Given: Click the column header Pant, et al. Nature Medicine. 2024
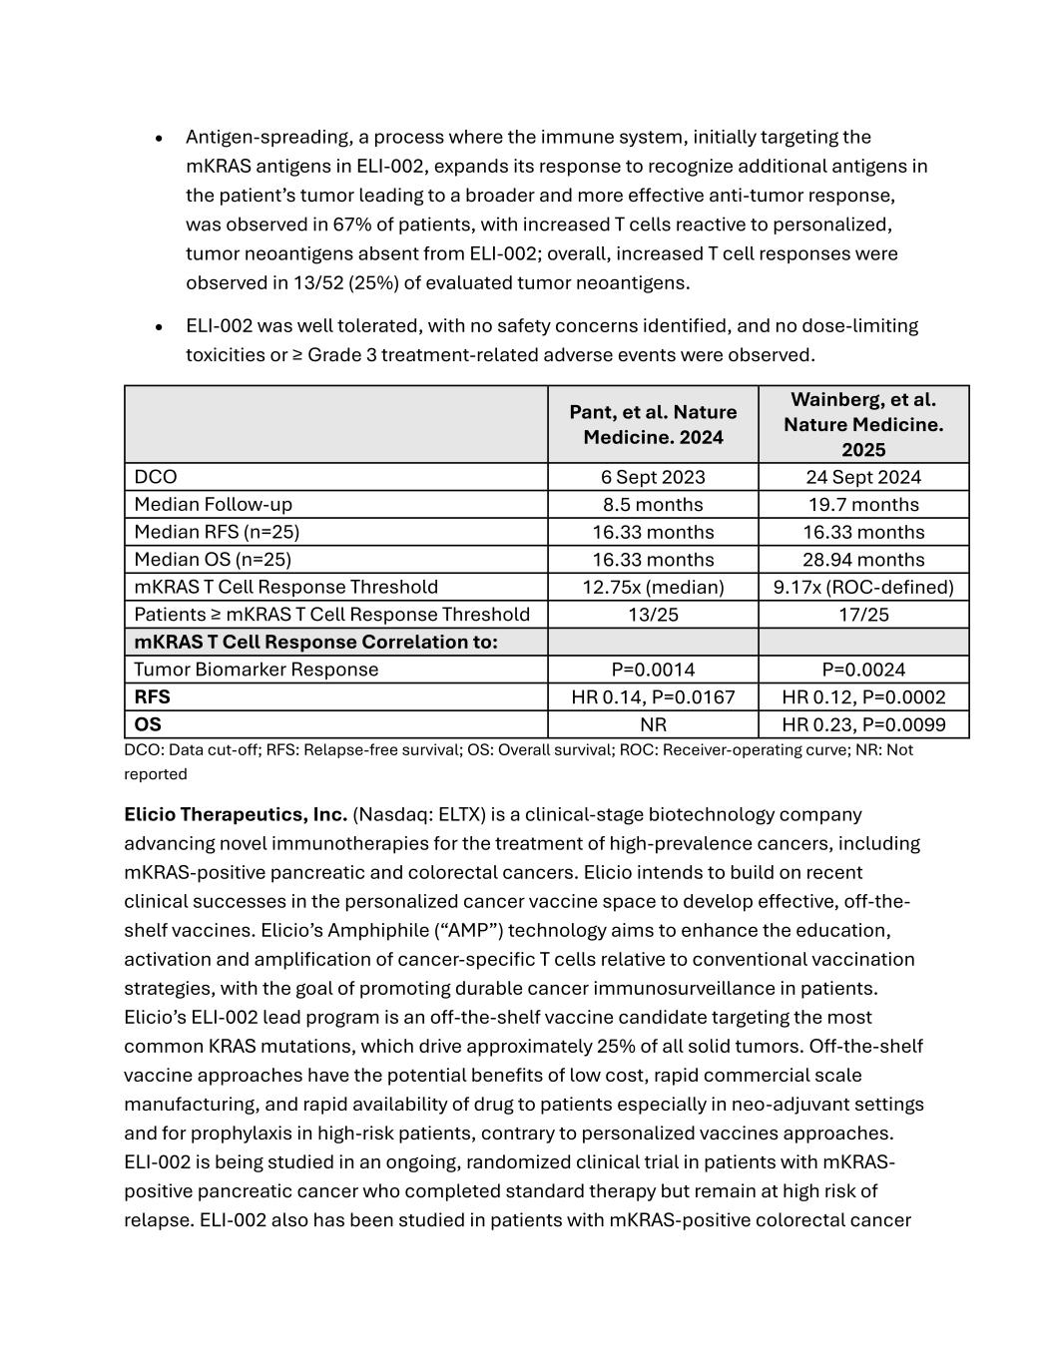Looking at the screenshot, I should click(x=653, y=424).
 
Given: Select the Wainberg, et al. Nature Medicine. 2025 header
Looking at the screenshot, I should click(x=863, y=424).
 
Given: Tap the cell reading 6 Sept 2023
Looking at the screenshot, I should click(x=653, y=477).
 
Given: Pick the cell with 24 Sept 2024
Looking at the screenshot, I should click(x=863, y=477).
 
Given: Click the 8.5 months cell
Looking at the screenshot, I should click(x=653, y=505).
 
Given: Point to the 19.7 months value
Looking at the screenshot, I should click(x=863, y=505).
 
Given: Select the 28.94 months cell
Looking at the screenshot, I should click(x=863, y=560).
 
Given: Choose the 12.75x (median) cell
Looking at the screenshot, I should click(x=653, y=587).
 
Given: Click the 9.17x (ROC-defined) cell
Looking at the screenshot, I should click(x=863, y=587).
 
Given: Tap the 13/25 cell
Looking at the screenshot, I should click(x=653, y=615).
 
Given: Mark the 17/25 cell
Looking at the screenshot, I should click(x=863, y=615).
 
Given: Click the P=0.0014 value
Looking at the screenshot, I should click(x=653, y=670).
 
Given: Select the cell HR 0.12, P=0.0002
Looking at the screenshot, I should click(x=863, y=697).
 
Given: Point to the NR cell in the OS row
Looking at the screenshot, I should click(x=653, y=724).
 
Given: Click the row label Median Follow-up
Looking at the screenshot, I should click(x=213, y=505).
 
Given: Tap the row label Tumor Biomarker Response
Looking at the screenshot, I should click(x=256, y=670).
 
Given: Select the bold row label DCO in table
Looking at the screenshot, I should click(x=156, y=477).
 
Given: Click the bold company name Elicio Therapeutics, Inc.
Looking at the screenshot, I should click(x=236, y=814).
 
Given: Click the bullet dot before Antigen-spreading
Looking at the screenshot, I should click(x=159, y=138).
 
